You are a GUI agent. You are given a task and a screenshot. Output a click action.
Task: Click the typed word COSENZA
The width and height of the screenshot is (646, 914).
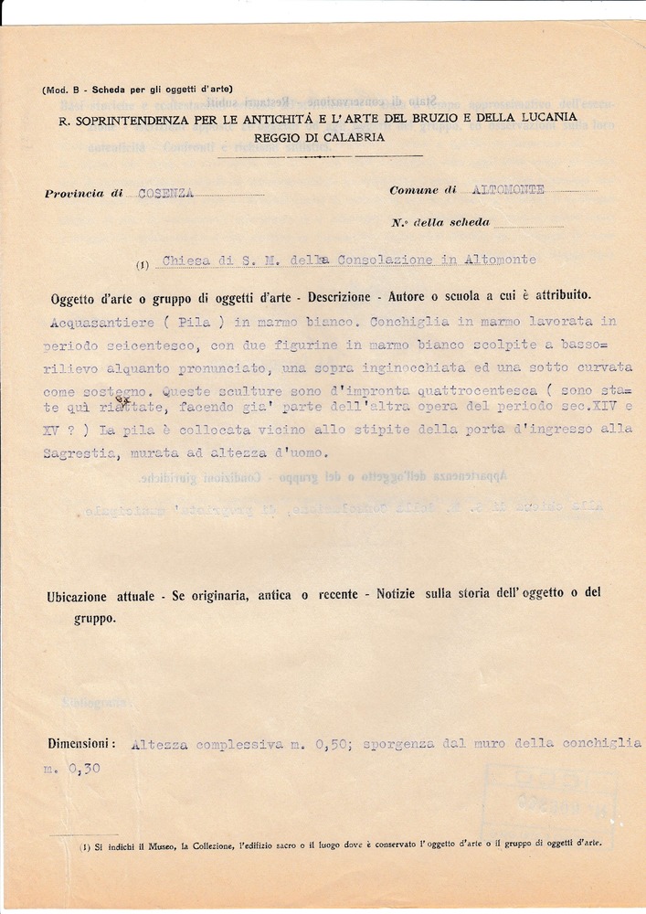[x=165, y=193]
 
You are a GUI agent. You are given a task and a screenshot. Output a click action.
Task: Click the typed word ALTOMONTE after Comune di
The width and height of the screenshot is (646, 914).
[x=509, y=189]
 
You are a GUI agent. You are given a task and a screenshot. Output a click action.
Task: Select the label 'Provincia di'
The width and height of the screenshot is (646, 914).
[x=83, y=194]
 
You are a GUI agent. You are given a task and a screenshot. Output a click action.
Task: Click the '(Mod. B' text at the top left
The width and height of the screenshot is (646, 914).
[x=65, y=89]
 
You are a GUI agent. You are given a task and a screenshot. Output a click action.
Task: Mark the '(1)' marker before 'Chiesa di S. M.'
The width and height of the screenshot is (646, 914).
[x=143, y=266]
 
